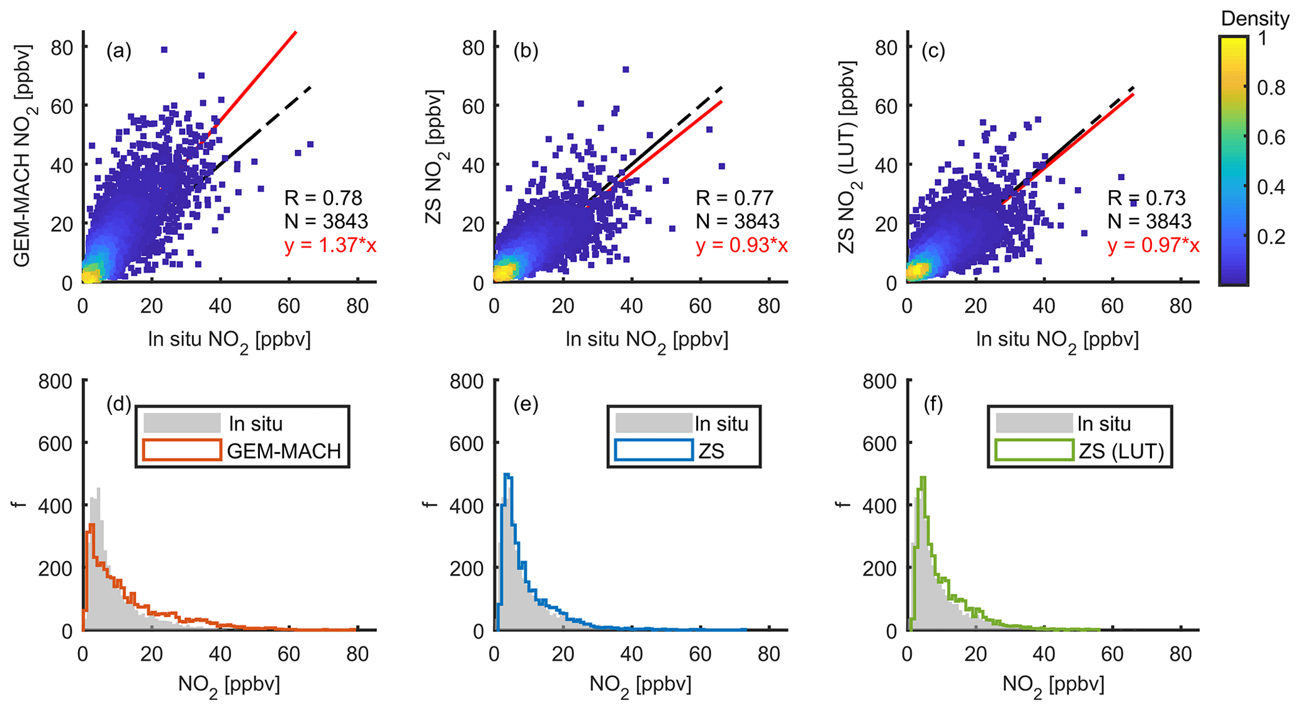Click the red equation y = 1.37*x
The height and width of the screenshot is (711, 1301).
click(330, 245)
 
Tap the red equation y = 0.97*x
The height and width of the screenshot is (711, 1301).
click(1153, 245)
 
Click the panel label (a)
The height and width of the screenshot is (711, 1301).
click(119, 50)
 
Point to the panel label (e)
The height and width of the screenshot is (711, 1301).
click(526, 404)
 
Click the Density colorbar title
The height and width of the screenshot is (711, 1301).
click(1254, 19)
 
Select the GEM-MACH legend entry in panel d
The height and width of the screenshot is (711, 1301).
click(284, 451)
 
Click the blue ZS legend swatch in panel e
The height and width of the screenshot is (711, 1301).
click(654, 450)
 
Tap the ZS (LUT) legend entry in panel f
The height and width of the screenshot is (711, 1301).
click(1121, 451)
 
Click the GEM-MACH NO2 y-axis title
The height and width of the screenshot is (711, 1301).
click(23, 156)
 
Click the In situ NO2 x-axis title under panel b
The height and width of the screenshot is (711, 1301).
click(646, 340)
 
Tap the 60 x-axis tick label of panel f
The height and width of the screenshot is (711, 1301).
click(1112, 656)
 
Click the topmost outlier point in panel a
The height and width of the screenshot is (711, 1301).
click(164, 50)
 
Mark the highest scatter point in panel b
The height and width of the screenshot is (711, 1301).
click(626, 69)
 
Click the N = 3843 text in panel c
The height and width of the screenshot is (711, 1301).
click(1149, 222)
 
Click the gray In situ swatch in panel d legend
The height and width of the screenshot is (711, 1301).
click(182, 423)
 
